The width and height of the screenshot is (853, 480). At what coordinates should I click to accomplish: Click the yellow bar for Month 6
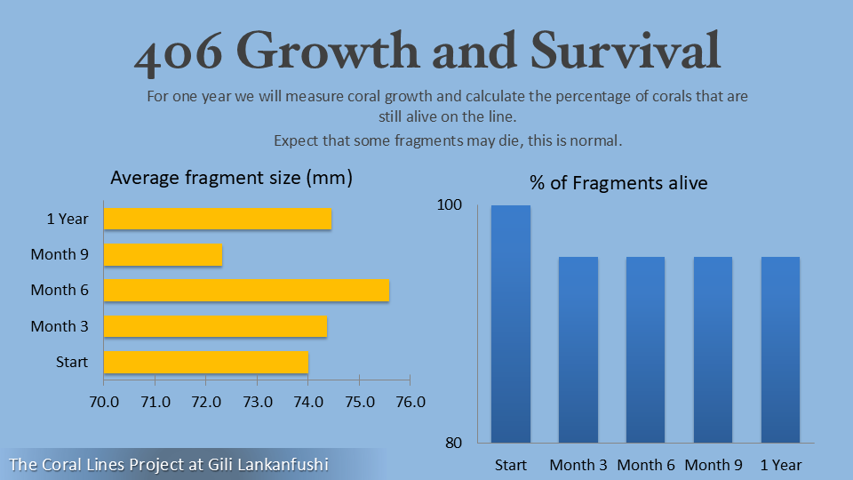(246, 290)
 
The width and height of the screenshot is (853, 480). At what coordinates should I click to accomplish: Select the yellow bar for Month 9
(163, 255)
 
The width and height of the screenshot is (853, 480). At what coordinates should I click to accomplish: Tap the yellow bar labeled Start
(206, 362)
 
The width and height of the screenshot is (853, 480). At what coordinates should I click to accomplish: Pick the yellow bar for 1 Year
(218, 219)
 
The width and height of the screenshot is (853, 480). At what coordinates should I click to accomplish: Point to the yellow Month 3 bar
(215, 326)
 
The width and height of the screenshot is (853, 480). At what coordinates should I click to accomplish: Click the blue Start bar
(511, 324)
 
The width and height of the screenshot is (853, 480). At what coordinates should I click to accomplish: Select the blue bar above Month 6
(645, 349)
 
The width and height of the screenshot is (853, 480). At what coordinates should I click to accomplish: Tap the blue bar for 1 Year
(781, 349)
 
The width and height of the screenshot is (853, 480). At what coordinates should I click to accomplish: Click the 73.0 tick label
(258, 402)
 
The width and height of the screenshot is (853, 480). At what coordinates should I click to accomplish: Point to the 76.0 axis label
(411, 402)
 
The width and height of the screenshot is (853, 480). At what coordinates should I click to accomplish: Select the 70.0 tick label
(104, 402)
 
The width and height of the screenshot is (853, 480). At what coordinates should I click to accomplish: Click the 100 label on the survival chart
(450, 204)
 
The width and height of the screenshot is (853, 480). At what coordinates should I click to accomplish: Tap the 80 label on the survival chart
(454, 443)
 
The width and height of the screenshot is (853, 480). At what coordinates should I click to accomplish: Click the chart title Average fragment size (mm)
(231, 178)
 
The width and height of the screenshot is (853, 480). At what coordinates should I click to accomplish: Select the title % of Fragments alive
(618, 183)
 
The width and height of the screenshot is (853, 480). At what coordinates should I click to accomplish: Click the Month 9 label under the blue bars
(713, 465)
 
